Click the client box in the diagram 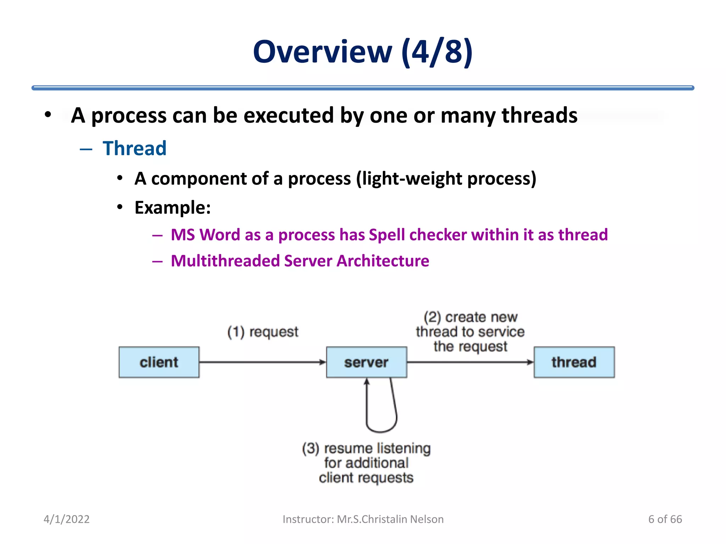159,362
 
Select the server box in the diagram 366,362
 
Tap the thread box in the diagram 574,362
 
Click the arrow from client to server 262,362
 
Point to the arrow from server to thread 470,362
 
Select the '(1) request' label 263,332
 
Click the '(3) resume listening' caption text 366,448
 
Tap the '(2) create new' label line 470,317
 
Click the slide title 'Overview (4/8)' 363,52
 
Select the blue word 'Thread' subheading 134,148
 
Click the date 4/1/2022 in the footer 66,519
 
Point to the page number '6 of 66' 665,519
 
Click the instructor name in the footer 390,519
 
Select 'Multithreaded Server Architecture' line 300,261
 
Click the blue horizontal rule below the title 363,88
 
